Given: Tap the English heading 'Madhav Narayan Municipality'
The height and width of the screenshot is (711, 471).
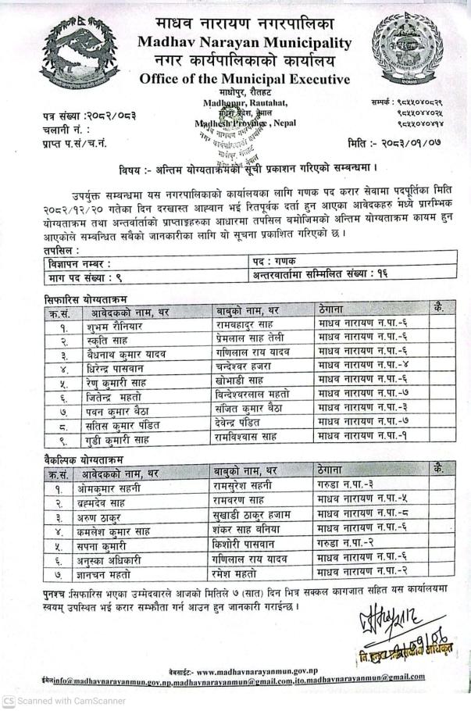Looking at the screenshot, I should [244, 42].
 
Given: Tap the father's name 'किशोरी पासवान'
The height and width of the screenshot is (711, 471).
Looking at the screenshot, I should [246, 545].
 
